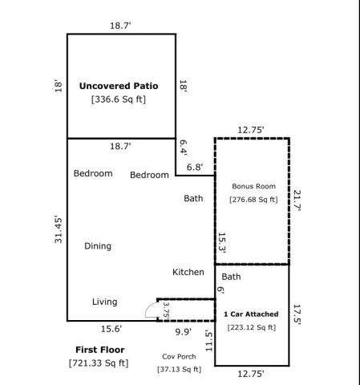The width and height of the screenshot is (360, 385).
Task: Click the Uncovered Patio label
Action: [118, 85]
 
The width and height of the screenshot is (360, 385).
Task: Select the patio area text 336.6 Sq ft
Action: [118, 99]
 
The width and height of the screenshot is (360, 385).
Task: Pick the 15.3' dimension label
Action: [222, 243]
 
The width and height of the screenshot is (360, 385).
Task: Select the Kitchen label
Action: [188, 272]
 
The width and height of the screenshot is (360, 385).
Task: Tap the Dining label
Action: [98, 246]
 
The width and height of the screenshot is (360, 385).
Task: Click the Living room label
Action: [104, 302]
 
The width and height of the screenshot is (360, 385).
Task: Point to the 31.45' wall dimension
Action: [59, 229]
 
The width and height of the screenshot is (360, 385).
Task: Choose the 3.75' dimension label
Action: [166, 310]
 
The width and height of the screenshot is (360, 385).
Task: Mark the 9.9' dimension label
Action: [183, 330]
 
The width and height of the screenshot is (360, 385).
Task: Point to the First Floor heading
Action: [98, 351]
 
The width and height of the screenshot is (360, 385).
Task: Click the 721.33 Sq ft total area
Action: [98, 364]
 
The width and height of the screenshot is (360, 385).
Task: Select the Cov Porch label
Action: [179, 355]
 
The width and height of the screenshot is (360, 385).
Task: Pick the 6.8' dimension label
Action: [195, 167]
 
